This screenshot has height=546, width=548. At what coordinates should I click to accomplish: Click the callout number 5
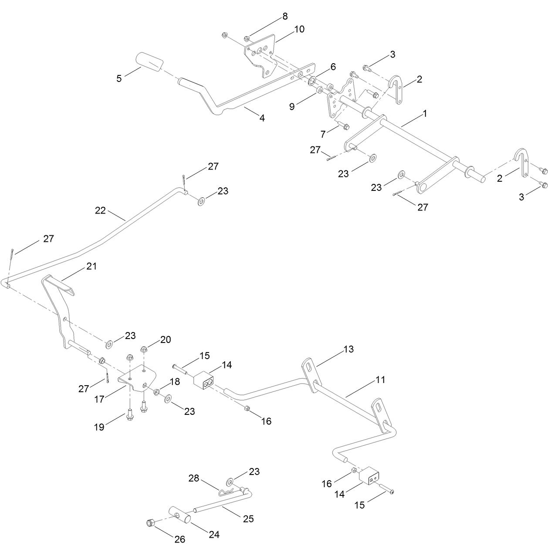click(119, 78)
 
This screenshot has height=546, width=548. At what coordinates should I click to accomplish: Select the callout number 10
click(299, 29)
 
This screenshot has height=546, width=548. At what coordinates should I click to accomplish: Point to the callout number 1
click(425, 114)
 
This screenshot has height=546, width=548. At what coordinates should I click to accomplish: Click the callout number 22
click(100, 210)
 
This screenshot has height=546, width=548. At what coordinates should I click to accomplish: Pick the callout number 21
click(91, 266)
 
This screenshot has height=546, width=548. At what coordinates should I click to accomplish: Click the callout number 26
click(179, 539)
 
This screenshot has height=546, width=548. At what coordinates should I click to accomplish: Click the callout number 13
click(348, 349)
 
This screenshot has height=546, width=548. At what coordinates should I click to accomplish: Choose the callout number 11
click(380, 380)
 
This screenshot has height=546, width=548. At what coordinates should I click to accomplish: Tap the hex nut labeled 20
click(144, 349)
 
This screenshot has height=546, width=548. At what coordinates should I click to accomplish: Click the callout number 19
click(99, 427)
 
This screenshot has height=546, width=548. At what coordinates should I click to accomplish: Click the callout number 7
click(323, 134)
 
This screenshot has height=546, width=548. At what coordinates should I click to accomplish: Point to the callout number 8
click(285, 17)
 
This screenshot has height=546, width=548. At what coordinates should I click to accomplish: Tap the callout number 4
click(262, 118)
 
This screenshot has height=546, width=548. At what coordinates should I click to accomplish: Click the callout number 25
click(249, 519)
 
